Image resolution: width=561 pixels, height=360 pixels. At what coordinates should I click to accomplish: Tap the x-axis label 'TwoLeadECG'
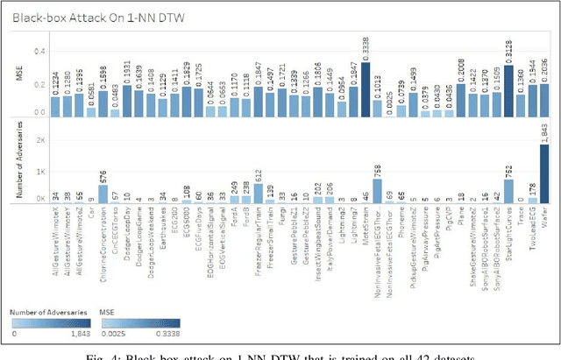coord(531,232)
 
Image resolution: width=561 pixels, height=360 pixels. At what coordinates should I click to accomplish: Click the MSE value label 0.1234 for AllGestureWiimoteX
coord(56,84)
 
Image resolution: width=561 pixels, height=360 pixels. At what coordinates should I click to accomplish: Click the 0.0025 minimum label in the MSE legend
coord(111,332)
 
